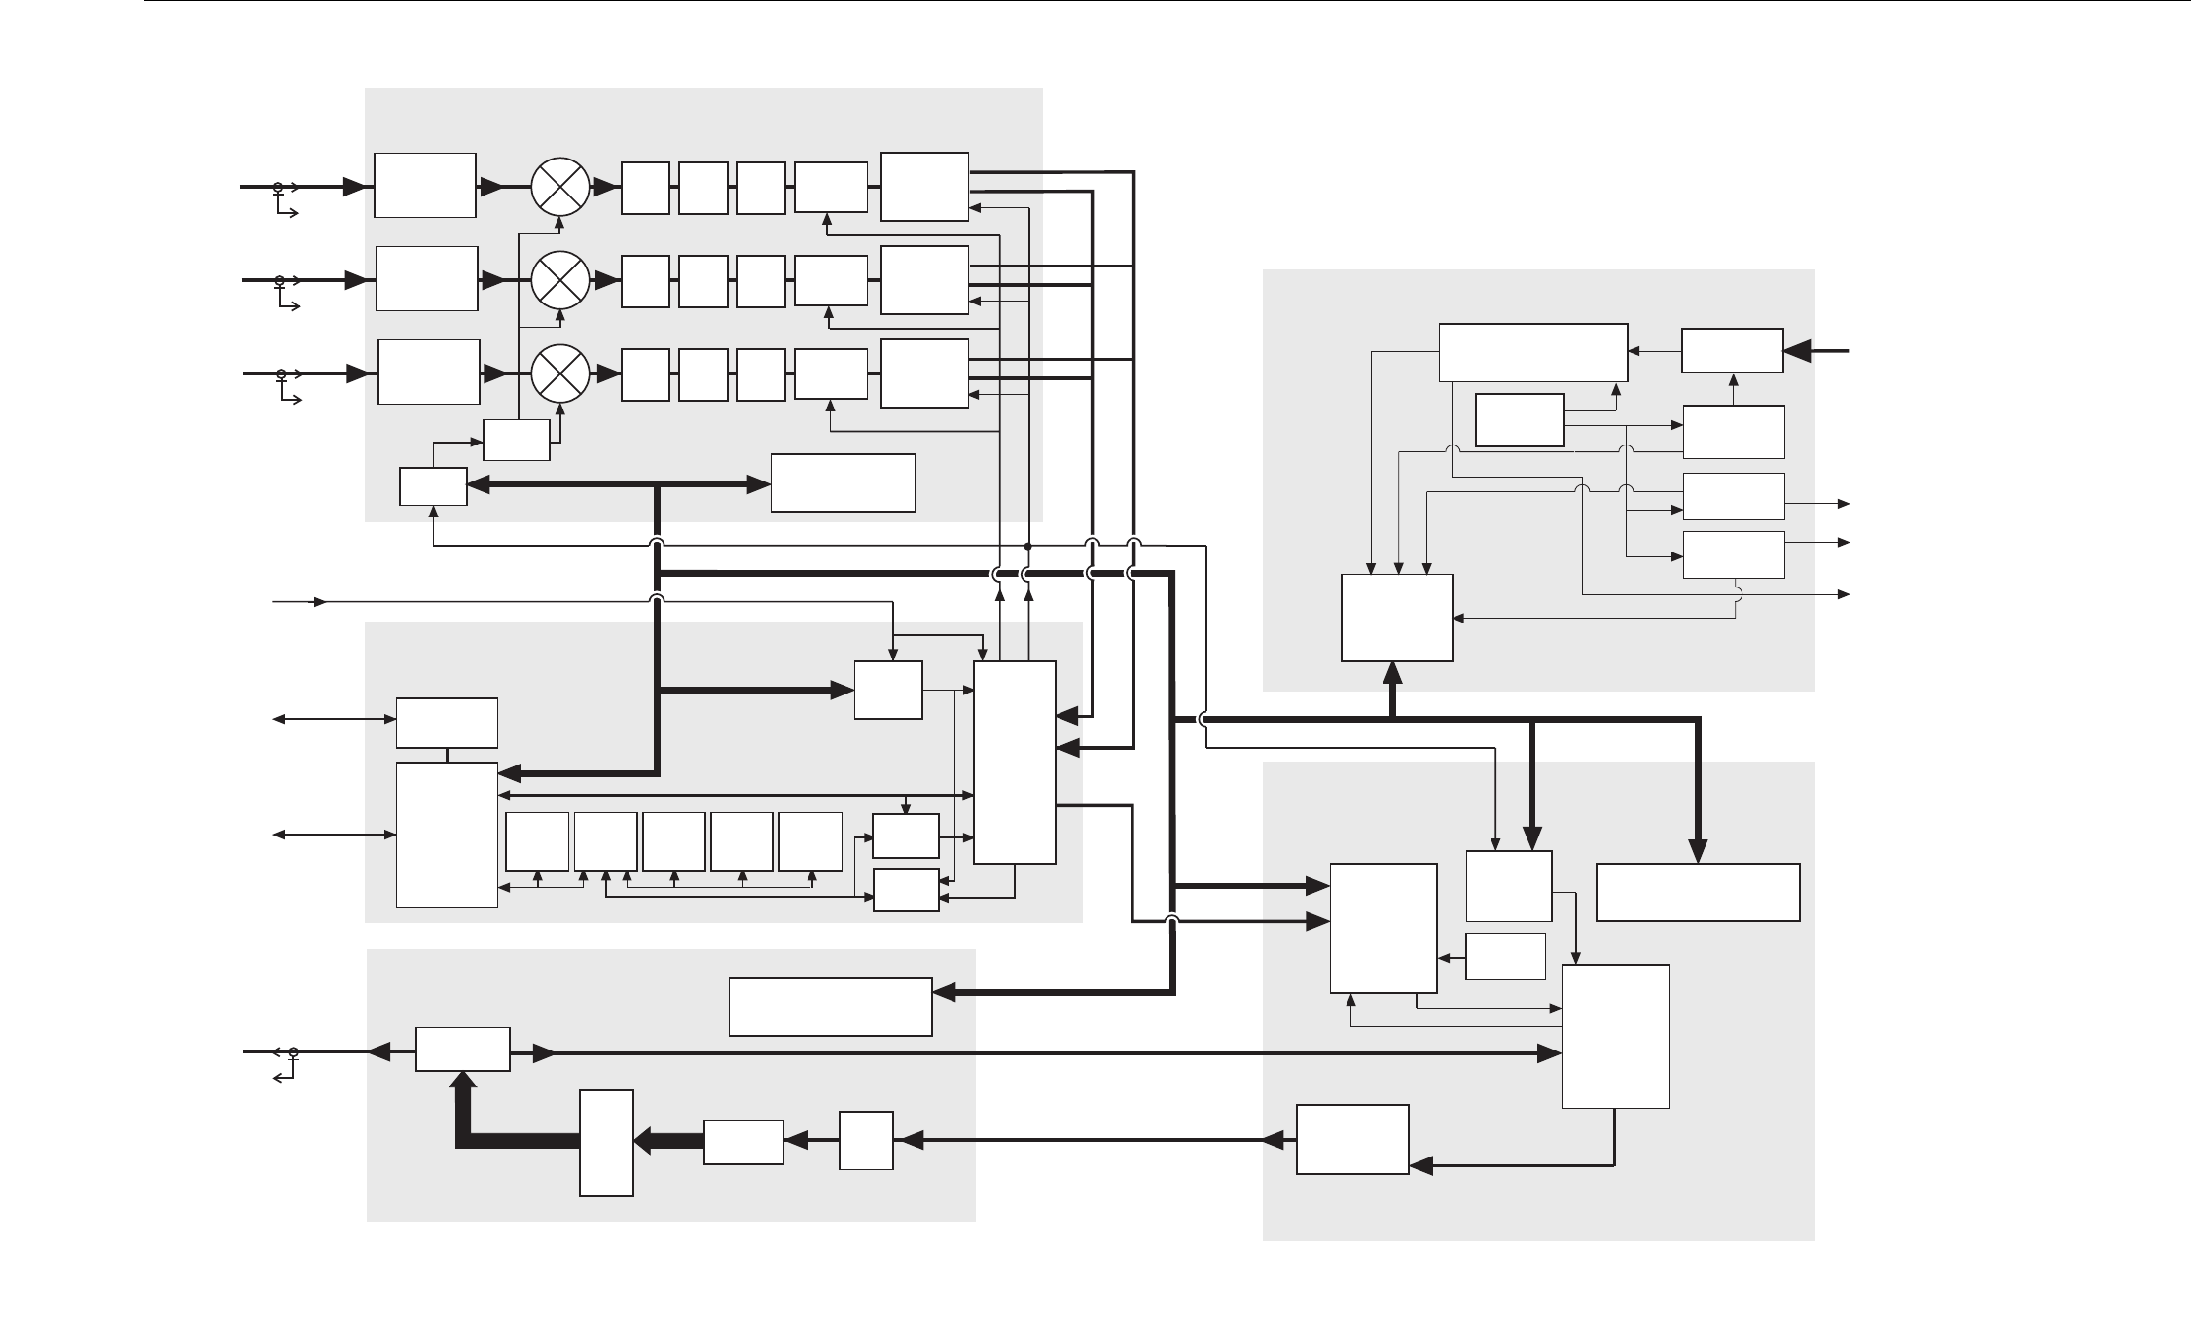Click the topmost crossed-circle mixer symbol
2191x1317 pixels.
coord(561,186)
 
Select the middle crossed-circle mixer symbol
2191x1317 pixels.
coord(561,279)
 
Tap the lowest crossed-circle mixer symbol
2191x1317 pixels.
coord(561,373)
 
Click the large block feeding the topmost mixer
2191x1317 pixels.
coord(425,185)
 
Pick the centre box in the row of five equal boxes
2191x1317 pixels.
coord(674,841)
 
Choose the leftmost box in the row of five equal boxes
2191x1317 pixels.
coord(537,841)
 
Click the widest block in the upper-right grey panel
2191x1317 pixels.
coord(1532,352)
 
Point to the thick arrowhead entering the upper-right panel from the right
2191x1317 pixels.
coord(1797,350)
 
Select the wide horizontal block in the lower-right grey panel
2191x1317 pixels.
coord(1698,891)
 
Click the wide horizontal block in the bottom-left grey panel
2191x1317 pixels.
coord(830,1007)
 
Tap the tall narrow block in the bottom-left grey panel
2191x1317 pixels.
coord(606,1143)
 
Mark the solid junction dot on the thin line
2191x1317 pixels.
coord(1028,546)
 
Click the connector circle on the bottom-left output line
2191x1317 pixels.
coord(293,1051)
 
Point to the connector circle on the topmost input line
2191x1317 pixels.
coord(278,186)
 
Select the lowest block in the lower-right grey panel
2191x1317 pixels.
coord(1352,1139)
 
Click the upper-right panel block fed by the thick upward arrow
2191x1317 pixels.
coord(1396,618)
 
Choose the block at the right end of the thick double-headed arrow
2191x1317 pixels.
coord(843,482)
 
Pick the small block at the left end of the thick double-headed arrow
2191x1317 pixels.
coord(433,486)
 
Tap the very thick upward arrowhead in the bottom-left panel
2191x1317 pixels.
coord(463,1081)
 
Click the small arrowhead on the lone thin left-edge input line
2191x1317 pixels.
coord(318,602)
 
